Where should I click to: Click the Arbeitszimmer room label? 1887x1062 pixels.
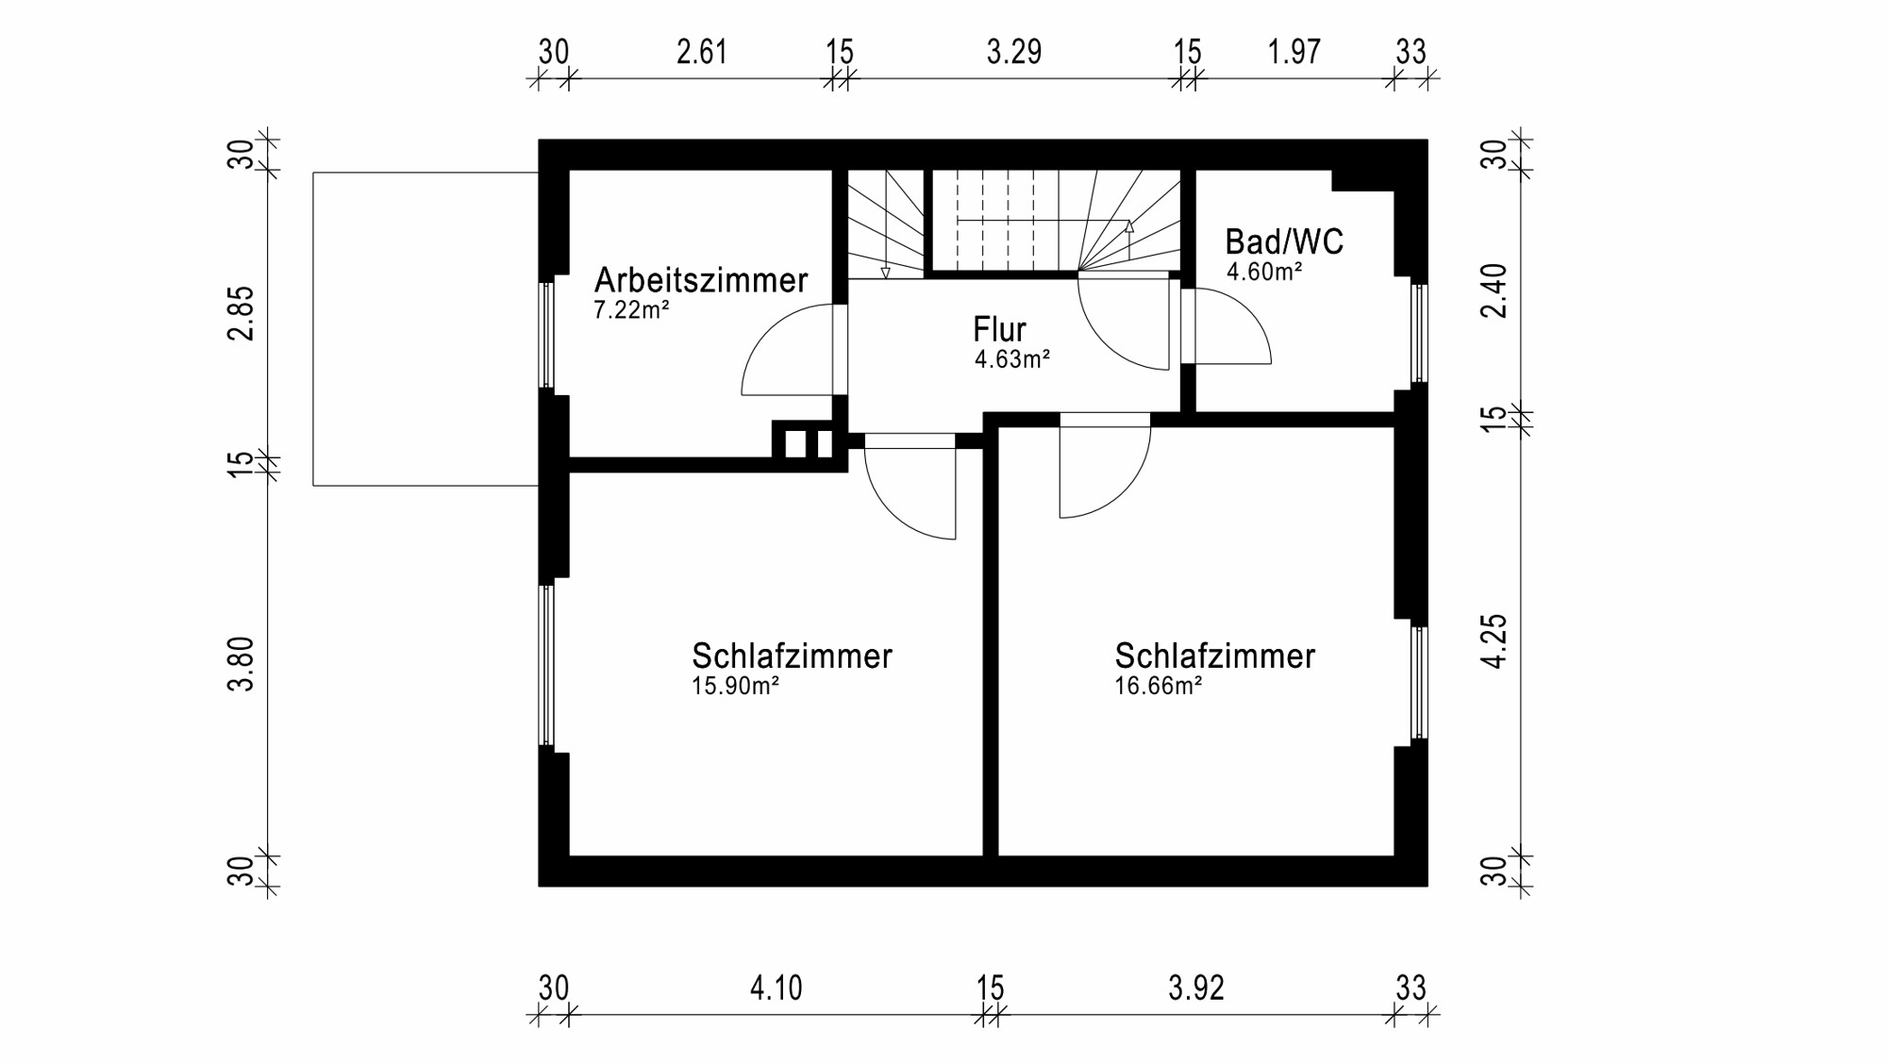click(700, 280)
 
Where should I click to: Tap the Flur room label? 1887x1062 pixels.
click(999, 329)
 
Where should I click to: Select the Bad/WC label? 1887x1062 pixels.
click(1283, 242)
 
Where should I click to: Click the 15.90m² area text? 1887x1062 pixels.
click(735, 687)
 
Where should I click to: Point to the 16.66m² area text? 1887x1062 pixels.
click(1158, 687)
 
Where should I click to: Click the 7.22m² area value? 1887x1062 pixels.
click(631, 310)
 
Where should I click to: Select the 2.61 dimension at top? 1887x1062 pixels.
click(702, 52)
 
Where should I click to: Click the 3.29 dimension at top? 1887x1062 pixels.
click(1014, 52)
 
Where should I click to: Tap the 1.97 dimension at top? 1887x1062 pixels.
click(1294, 52)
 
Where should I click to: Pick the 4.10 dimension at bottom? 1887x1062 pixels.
click(776, 988)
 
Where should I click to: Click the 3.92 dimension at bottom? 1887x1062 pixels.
click(1195, 988)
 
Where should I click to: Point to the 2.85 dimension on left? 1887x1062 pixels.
click(242, 313)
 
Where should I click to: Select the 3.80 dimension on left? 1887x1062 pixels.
click(242, 664)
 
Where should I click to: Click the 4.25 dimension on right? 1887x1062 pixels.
click(1495, 641)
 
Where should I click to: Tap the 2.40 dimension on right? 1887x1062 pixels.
click(1495, 290)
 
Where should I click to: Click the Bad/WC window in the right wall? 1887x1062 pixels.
click(1418, 333)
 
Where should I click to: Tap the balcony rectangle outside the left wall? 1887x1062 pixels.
click(425, 329)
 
